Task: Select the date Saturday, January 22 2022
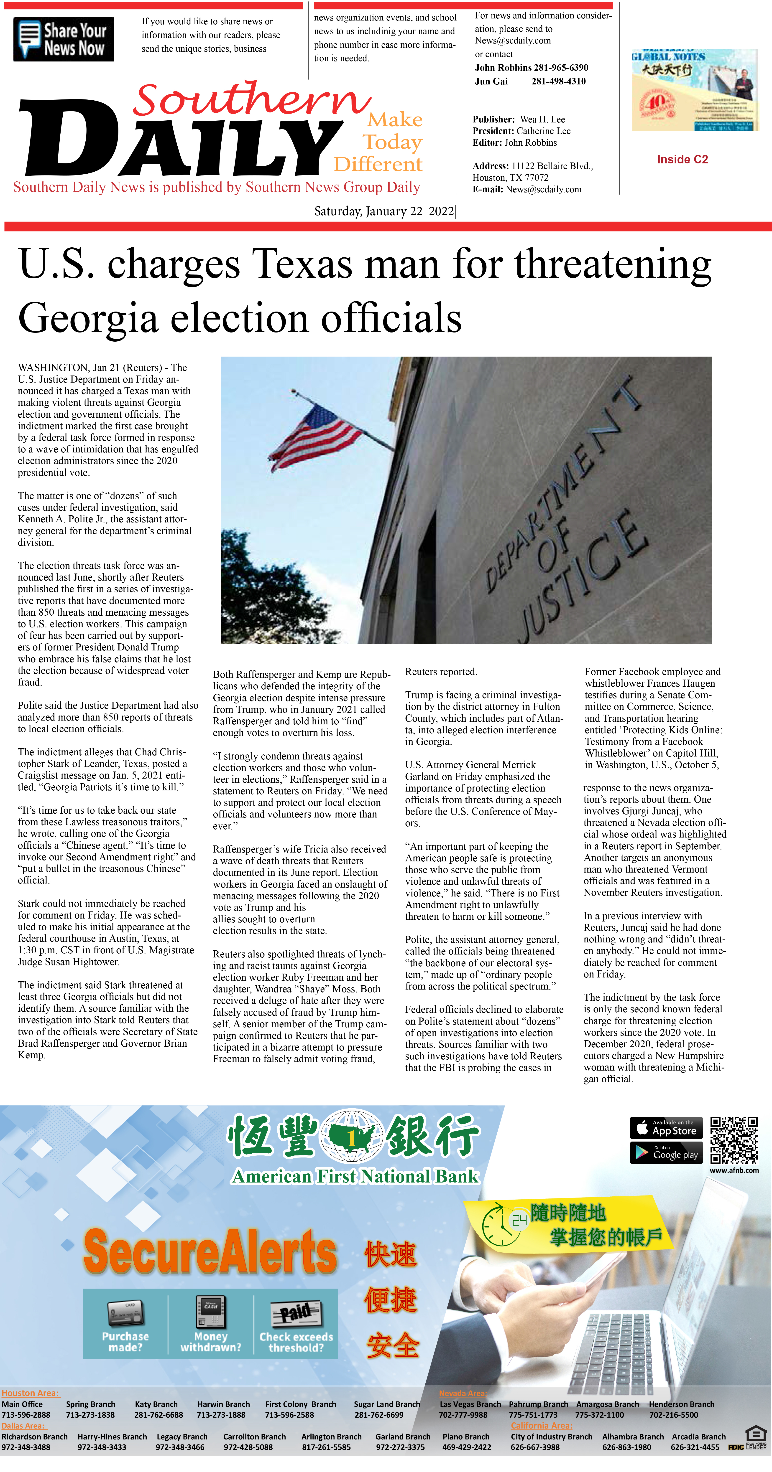click(384, 211)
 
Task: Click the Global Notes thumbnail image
click(694, 90)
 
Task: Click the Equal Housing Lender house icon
click(755, 1433)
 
